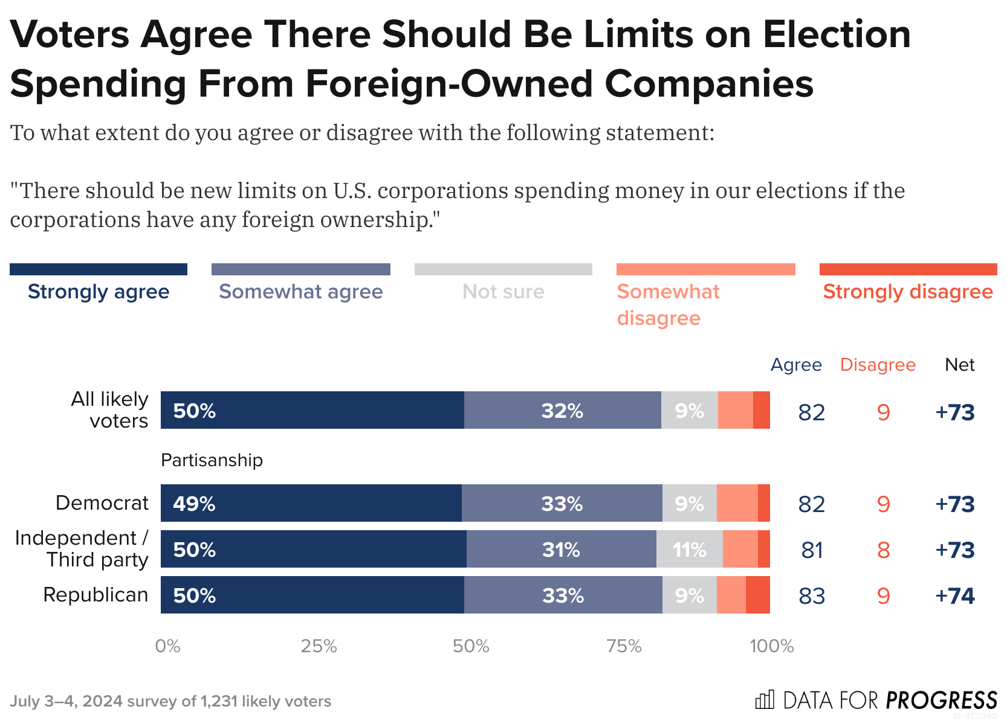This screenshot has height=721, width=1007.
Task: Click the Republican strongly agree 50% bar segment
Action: pos(312,595)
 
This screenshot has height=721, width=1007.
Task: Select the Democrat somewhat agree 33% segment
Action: pos(562,503)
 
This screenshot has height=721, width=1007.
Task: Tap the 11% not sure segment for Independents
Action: pos(689,550)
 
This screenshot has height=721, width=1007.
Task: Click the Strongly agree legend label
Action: pos(99,292)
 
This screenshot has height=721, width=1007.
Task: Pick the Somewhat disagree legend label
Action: pos(668,304)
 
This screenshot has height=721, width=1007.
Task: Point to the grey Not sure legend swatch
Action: pos(503,269)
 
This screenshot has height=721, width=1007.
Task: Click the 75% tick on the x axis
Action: pos(624,647)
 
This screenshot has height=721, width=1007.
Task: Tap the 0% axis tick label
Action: pos(167,647)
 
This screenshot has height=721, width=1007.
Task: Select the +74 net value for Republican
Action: pos(954,596)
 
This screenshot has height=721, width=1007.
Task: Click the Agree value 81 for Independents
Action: pos(812,550)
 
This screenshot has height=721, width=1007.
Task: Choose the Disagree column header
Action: pos(878,365)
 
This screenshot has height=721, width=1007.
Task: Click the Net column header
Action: pos(959,365)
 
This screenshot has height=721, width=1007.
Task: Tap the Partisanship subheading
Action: pos(212,460)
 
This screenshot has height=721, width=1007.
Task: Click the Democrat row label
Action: pos(102,503)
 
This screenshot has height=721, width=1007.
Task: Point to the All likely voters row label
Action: pos(111,410)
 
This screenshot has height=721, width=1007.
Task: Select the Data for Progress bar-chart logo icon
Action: pos(765,700)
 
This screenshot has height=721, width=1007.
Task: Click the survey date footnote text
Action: pos(170,701)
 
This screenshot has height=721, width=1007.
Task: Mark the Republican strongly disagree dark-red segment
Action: pos(757,595)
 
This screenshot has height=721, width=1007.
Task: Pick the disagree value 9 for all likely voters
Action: pos(883,412)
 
